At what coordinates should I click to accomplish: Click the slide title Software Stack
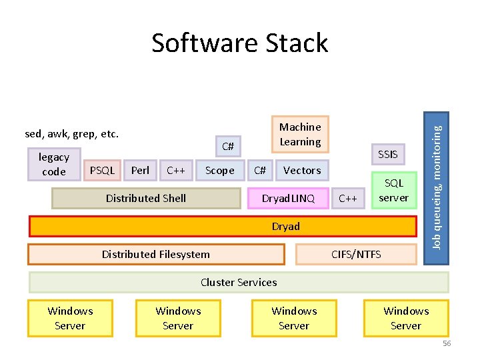239,43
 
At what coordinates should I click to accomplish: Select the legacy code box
54,165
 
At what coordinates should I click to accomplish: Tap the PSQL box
102,171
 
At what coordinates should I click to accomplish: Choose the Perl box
141,171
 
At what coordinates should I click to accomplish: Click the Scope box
219,171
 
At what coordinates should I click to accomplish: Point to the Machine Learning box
300,134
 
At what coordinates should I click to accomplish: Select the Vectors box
302,171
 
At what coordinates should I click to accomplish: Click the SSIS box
387,155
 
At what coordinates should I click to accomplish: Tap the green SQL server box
393,191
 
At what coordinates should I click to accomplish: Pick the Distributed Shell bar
146,198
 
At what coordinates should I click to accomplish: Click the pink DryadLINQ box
287,198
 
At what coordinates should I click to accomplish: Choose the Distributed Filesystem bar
156,254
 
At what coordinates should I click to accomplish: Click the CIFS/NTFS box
357,254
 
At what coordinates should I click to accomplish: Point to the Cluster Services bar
239,283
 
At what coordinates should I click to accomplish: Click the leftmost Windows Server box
70,318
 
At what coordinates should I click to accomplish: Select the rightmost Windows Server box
406,318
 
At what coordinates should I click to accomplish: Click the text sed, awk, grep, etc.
72,134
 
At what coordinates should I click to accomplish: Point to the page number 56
447,343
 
